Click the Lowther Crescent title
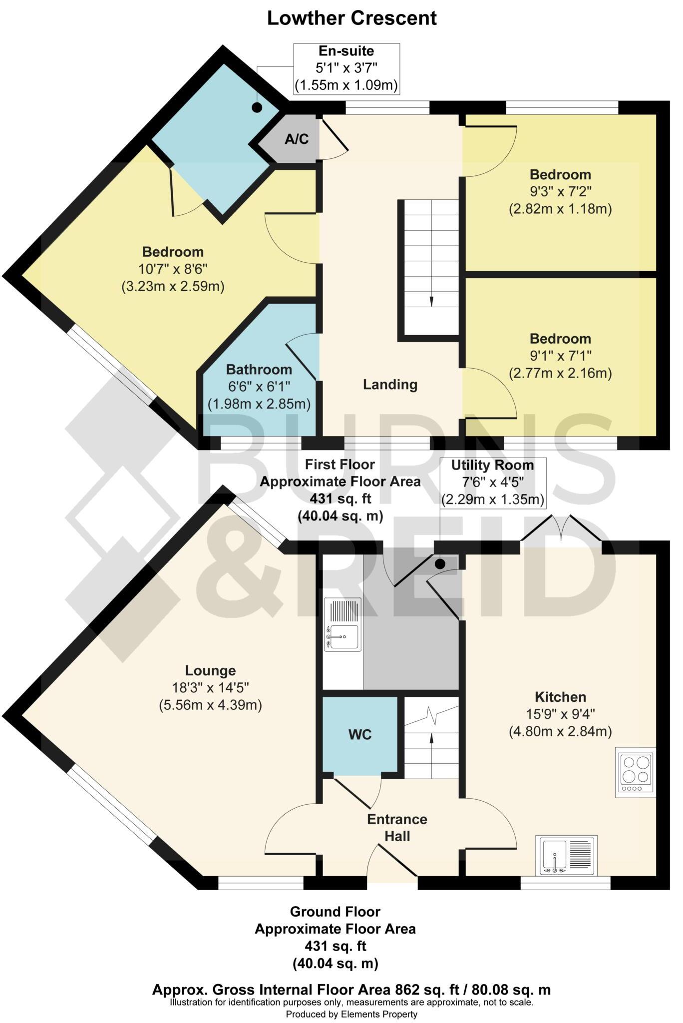(351, 18)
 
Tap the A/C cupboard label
(297, 139)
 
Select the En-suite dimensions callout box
(346, 69)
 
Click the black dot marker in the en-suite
(257, 107)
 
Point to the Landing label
(390, 385)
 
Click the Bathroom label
(259, 370)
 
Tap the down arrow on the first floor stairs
(431, 301)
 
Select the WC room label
(360, 735)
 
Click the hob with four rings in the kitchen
(635, 771)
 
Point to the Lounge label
(210, 670)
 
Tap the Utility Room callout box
(492, 483)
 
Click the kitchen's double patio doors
(561, 529)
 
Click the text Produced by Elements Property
(351, 1014)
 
